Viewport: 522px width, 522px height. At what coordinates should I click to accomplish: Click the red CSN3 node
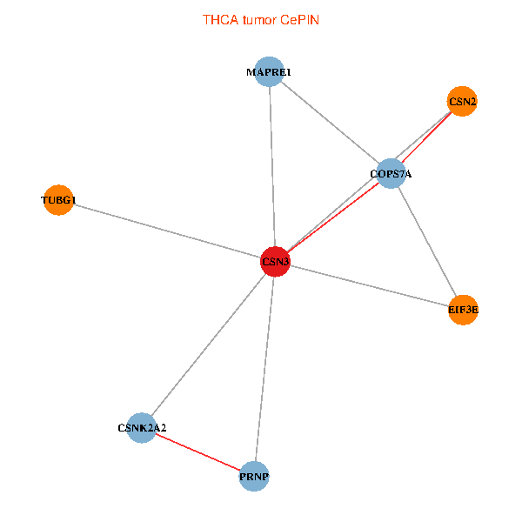click(x=275, y=262)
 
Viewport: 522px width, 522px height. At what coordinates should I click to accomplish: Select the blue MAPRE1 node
click(x=270, y=72)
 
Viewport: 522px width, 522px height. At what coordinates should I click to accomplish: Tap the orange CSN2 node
click(x=462, y=102)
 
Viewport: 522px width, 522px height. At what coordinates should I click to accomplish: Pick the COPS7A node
click(x=391, y=175)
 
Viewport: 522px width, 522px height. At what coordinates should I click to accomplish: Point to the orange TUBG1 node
click(x=57, y=200)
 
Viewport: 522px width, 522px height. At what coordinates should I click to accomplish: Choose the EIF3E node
click(x=464, y=309)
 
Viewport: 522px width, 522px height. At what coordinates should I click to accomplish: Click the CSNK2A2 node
click(x=142, y=428)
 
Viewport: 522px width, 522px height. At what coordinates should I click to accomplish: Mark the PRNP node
click(x=254, y=476)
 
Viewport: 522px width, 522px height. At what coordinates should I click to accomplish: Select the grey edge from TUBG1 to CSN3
click(x=165, y=231)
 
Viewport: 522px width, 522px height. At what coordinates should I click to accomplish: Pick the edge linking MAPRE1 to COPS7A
click(x=331, y=124)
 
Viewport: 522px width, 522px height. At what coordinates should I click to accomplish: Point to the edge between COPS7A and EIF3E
click(x=427, y=242)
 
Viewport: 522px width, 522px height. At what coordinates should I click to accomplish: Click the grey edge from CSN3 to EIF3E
click(x=369, y=285)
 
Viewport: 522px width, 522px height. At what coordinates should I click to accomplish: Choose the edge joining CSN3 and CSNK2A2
click(x=209, y=345)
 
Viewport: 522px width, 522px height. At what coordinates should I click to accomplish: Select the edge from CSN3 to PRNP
click(x=264, y=369)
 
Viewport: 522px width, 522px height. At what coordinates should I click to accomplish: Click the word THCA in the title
click(x=217, y=19)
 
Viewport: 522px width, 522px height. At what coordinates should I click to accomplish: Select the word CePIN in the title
click(x=299, y=19)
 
